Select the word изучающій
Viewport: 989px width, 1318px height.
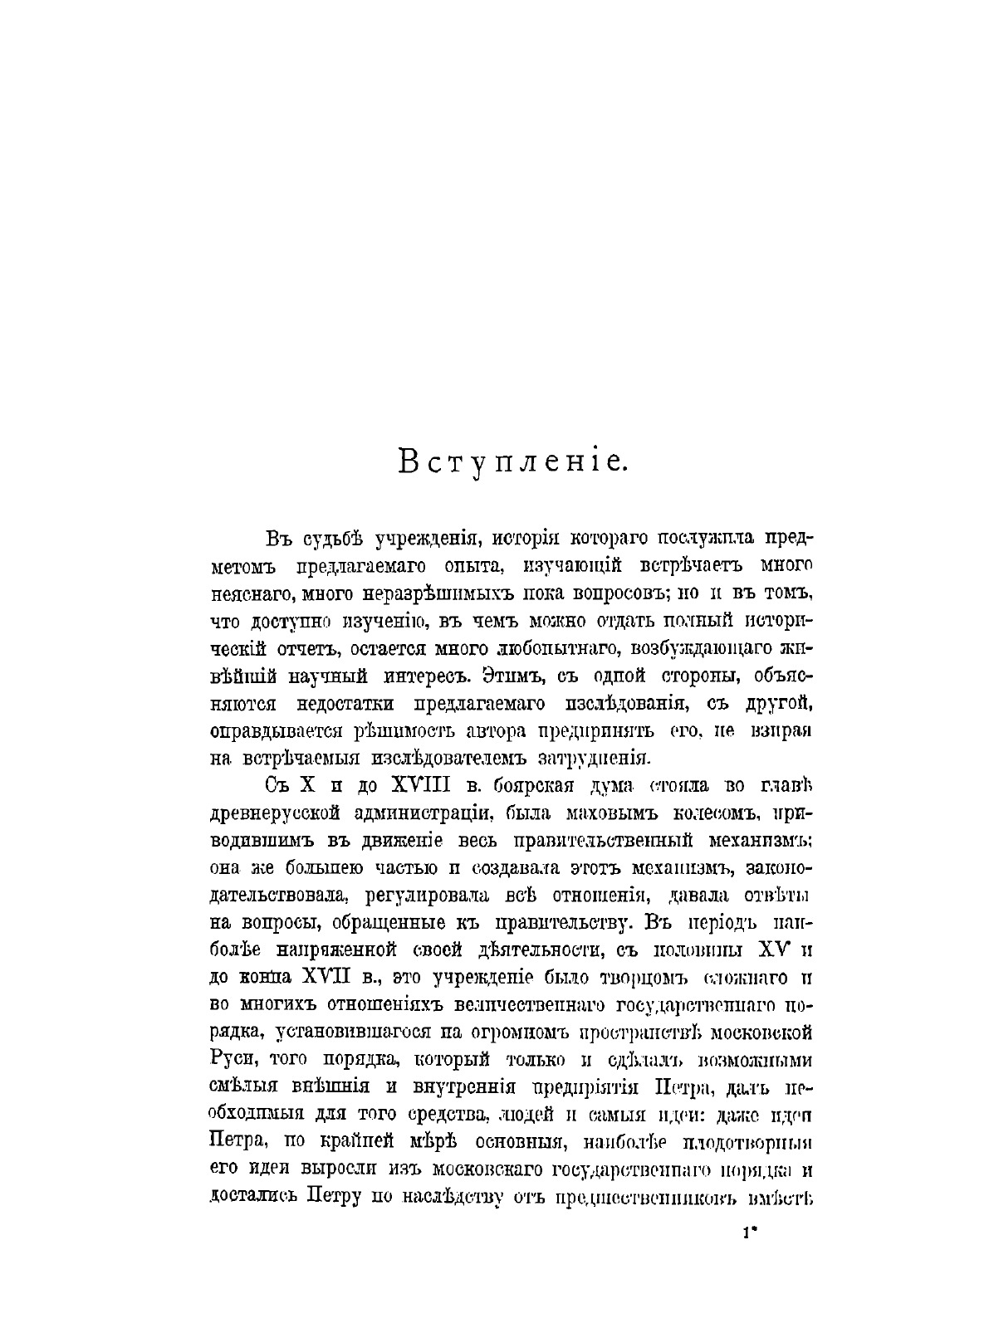click(570, 565)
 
